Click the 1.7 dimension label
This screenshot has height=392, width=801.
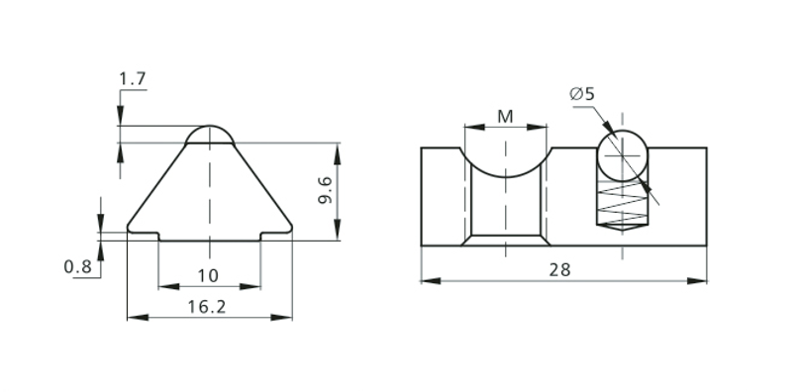tap(133, 79)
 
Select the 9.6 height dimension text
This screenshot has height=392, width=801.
tap(326, 190)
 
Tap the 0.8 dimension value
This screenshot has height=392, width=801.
tap(77, 266)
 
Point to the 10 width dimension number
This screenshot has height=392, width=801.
tap(208, 276)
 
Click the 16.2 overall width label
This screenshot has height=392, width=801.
tap(206, 307)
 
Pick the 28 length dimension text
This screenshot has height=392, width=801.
tap(559, 270)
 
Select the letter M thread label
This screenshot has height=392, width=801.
tap(505, 117)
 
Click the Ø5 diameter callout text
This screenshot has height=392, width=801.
tap(582, 94)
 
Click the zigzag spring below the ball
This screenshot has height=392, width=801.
tap(622, 203)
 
